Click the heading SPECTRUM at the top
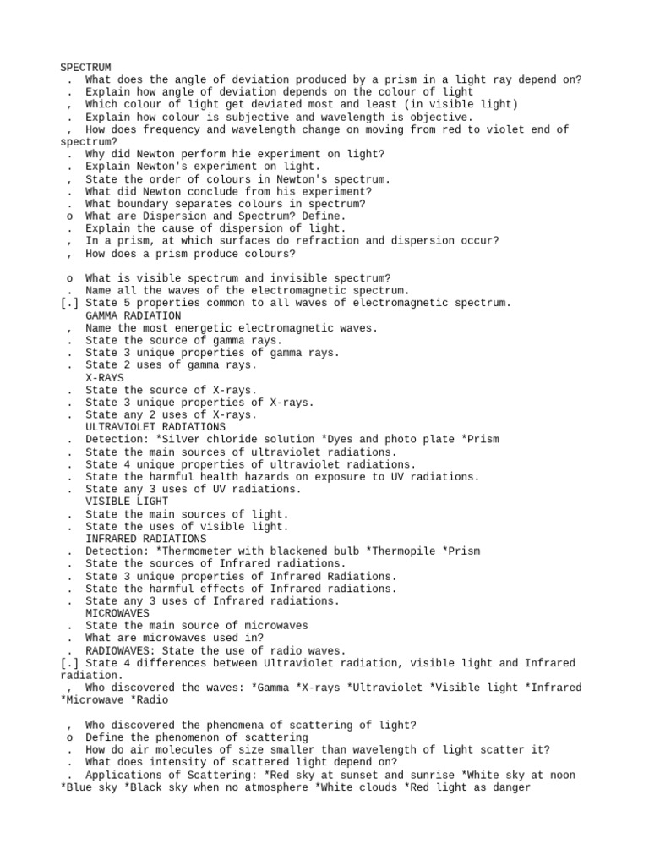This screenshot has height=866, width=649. [85, 67]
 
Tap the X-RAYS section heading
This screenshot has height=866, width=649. [105, 377]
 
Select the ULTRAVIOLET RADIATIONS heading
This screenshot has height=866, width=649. [155, 427]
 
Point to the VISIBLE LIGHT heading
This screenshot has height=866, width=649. [127, 502]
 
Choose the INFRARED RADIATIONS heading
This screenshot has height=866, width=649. [145, 539]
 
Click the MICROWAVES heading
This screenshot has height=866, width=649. [117, 613]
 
